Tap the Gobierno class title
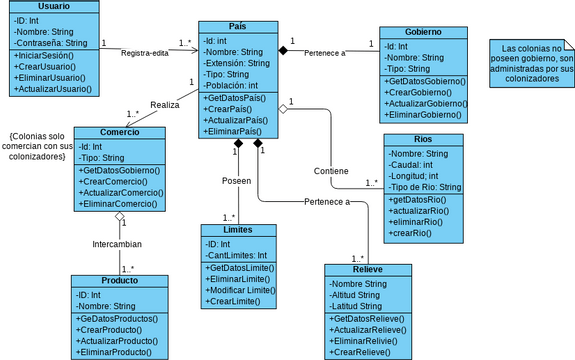424,32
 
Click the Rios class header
423,139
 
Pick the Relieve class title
367,270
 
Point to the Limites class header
238,230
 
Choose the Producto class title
119,281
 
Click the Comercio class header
120,132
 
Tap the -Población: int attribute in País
232,86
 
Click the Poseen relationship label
237,180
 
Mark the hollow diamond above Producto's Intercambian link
119,218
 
